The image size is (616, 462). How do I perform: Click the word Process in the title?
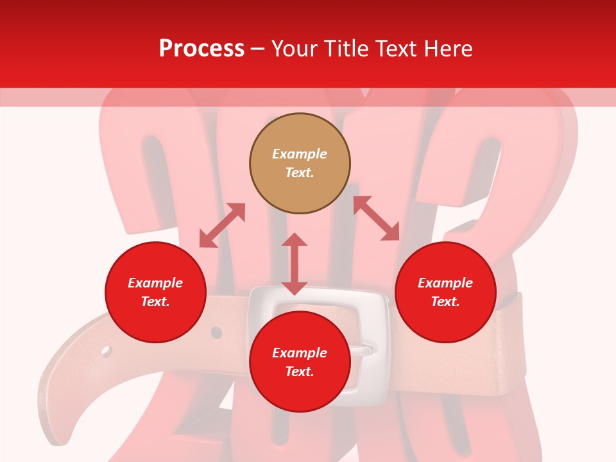pyautogui.click(x=201, y=49)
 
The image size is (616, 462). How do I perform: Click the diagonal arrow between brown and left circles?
pyautogui.click(x=222, y=225)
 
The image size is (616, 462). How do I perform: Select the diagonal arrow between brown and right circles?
pyautogui.click(x=376, y=218)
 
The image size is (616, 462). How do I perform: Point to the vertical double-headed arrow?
pyautogui.click(x=295, y=264)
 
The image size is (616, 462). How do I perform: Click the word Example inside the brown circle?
pyautogui.click(x=300, y=154)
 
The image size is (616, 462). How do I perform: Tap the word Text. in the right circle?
pyautogui.click(x=445, y=302)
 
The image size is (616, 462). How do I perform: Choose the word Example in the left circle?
pyautogui.click(x=155, y=283)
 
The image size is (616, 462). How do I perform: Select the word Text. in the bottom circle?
pyautogui.click(x=300, y=372)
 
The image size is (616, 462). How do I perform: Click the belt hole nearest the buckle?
pyautogui.click(x=217, y=333)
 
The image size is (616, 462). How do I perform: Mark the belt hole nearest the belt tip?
pyautogui.click(x=106, y=351)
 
